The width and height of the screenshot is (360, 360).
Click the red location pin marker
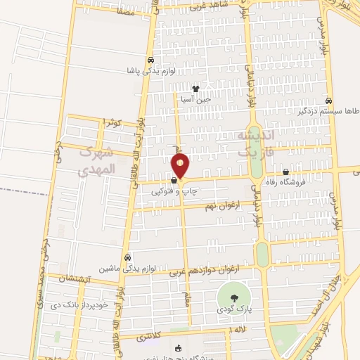point(181,165)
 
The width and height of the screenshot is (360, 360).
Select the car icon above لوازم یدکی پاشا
point(150,60)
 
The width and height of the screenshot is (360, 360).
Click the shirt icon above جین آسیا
point(195,89)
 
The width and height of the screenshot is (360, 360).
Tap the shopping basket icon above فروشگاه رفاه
point(286,172)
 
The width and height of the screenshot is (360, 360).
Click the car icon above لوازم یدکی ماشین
point(127,257)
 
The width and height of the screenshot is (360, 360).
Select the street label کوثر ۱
point(112,122)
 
